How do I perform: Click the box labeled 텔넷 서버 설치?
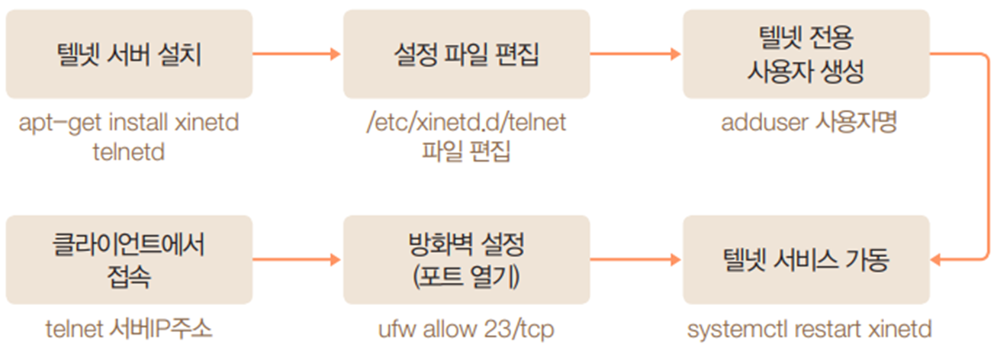[x=129, y=54]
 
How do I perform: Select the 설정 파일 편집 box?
[x=466, y=54]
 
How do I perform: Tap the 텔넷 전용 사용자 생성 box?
[x=806, y=54]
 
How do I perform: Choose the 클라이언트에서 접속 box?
[x=129, y=260]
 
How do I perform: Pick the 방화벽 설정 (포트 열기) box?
[x=466, y=260]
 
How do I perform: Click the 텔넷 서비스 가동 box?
[x=806, y=260]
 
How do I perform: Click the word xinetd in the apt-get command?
[x=207, y=123]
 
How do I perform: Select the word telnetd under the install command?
[x=129, y=151]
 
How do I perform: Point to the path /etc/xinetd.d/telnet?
[x=466, y=123]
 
